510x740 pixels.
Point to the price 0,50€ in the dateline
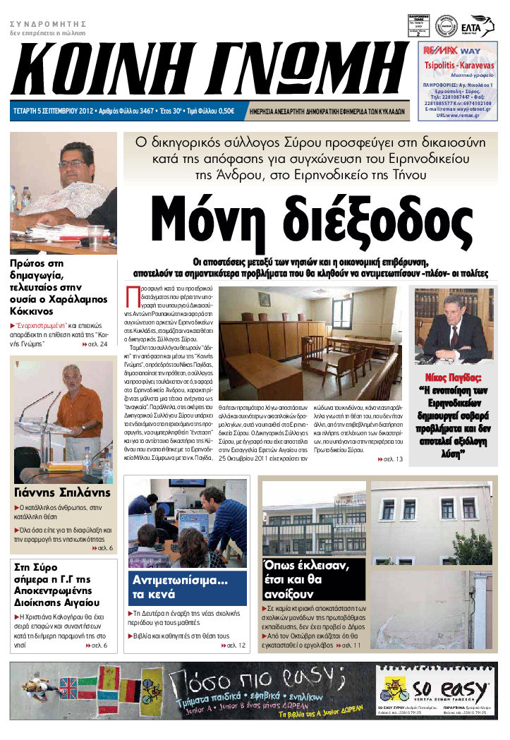(x=226, y=111)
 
